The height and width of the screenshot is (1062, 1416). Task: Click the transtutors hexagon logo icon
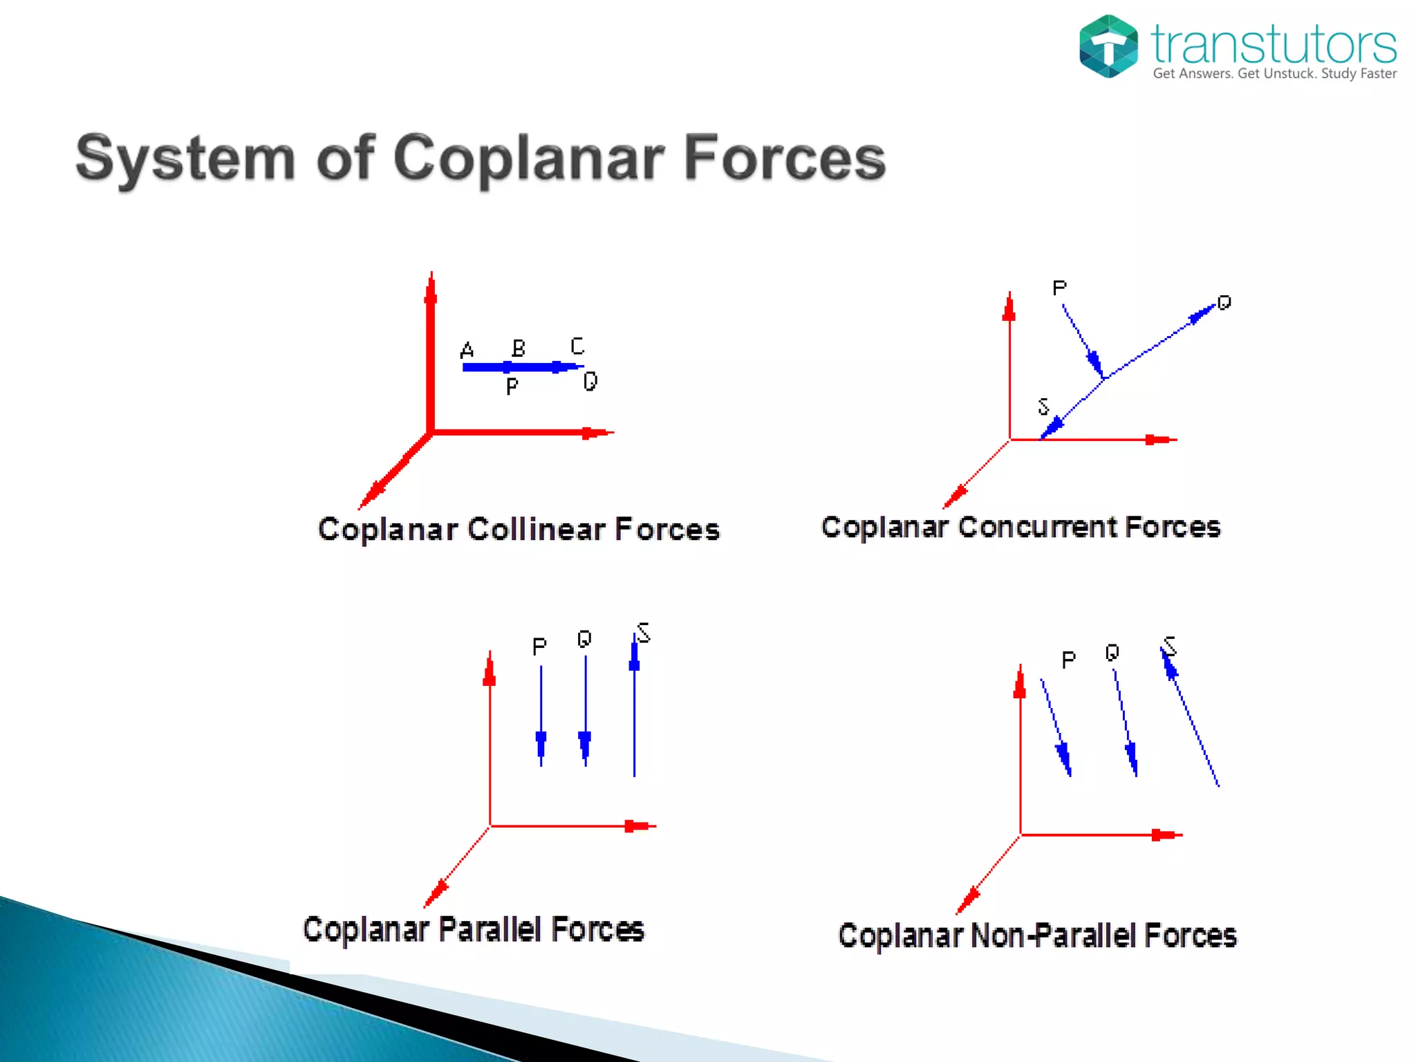click(1108, 46)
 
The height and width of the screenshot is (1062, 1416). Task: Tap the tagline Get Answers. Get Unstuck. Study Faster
click(1274, 74)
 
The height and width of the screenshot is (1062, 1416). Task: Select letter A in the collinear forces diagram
click(467, 351)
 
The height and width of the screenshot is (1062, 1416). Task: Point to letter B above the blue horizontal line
click(519, 348)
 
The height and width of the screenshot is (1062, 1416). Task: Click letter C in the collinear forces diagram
click(577, 346)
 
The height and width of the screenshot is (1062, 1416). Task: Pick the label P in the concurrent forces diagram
click(1059, 288)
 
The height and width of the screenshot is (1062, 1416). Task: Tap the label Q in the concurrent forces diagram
click(1224, 303)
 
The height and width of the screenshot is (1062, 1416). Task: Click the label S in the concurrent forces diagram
click(1043, 407)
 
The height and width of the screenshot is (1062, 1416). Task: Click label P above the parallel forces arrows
click(539, 646)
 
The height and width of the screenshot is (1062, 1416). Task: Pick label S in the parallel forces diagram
click(644, 633)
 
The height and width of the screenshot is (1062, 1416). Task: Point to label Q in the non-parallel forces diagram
click(1112, 653)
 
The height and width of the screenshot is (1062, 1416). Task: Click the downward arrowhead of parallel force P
click(541, 745)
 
